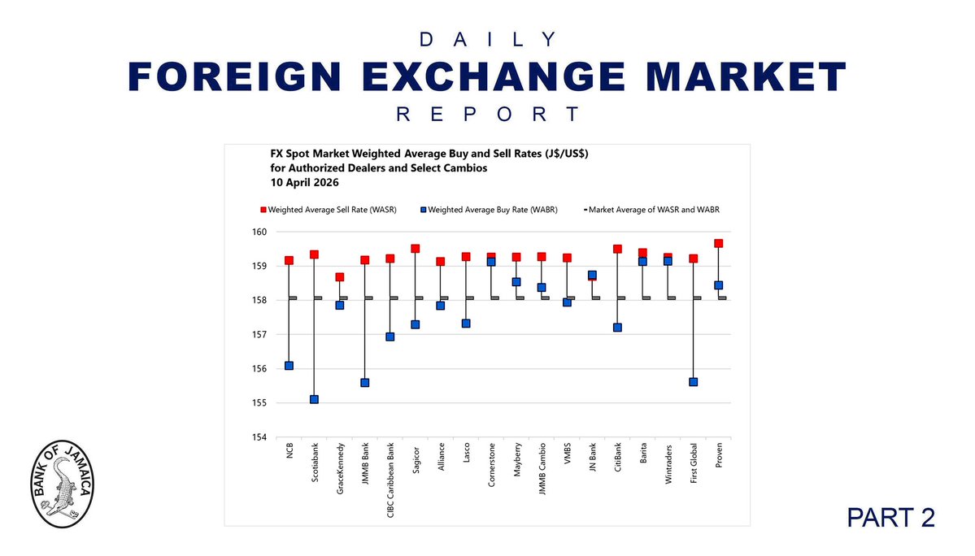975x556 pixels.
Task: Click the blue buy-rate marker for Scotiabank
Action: pyautogui.click(x=314, y=399)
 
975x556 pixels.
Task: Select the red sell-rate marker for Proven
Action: pyautogui.click(x=718, y=243)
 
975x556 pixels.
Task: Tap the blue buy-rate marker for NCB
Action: pyautogui.click(x=289, y=366)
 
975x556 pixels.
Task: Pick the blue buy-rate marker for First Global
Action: pyautogui.click(x=693, y=382)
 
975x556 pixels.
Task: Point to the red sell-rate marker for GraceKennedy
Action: pyautogui.click(x=339, y=277)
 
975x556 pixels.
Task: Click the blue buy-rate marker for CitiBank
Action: pyautogui.click(x=617, y=328)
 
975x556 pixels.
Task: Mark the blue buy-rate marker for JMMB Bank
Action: pyautogui.click(x=364, y=383)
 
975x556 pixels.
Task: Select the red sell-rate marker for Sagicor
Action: pyautogui.click(x=415, y=248)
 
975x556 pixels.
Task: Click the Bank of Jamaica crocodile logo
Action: pyautogui.click(x=63, y=487)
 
